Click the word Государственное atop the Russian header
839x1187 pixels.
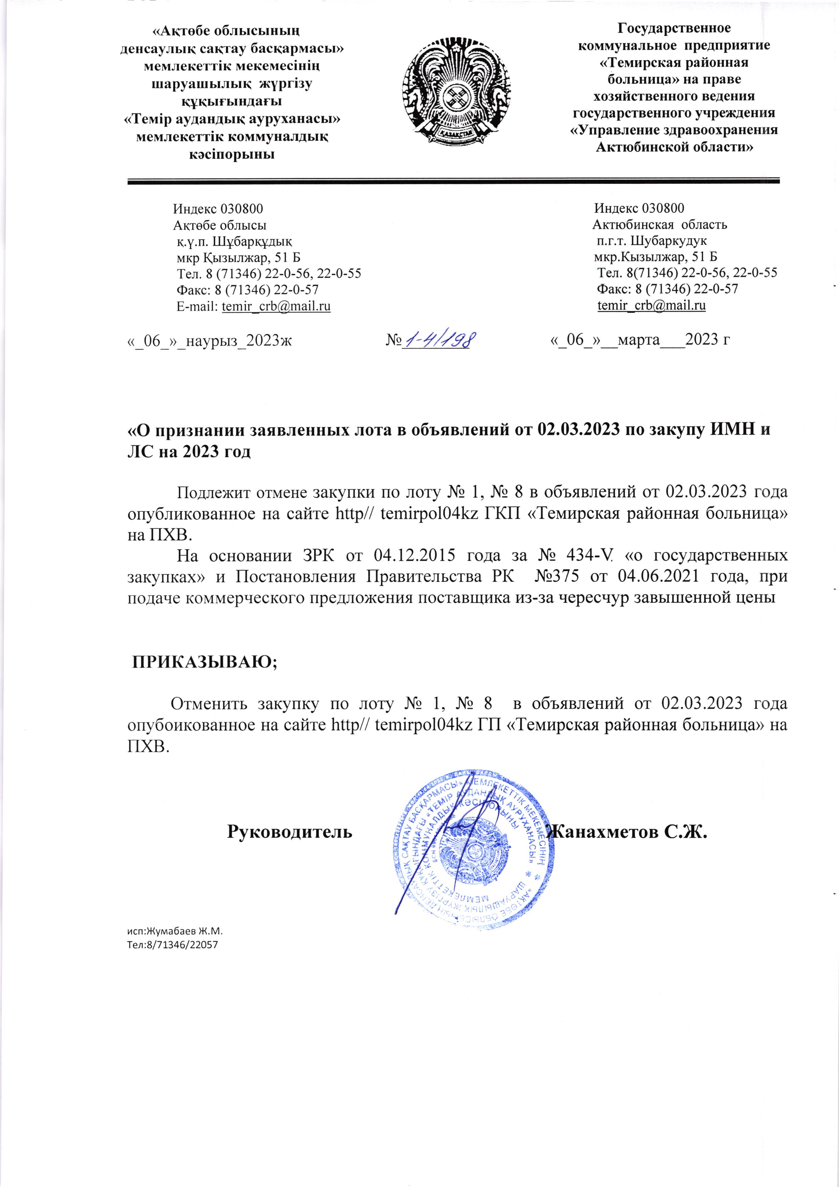674,28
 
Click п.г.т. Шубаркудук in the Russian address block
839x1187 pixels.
651,241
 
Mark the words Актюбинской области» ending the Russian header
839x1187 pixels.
674,147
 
